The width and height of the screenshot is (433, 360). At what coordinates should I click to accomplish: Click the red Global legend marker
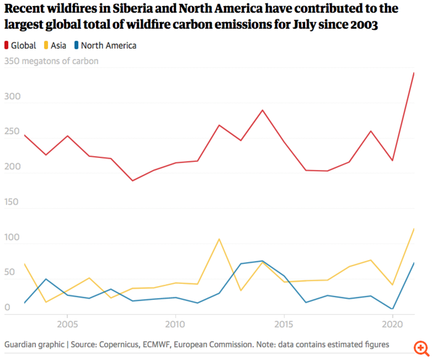(7, 46)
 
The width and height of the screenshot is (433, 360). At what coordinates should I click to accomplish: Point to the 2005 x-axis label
(66, 324)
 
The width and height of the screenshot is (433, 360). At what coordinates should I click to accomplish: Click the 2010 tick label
(175, 324)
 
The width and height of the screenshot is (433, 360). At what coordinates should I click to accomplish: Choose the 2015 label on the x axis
(284, 324)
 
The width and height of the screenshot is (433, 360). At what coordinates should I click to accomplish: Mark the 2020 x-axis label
(393, 324)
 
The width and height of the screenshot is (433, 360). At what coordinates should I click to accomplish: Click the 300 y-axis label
(13, 97)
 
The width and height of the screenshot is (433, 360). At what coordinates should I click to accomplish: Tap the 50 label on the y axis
(10, 273)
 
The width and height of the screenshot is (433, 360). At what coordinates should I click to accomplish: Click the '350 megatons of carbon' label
(51, 61)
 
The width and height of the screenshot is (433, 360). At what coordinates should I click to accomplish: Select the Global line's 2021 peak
(414, 73)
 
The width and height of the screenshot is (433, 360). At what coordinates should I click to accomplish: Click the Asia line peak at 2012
(218, 239)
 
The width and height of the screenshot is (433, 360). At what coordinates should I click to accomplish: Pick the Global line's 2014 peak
(262, 110)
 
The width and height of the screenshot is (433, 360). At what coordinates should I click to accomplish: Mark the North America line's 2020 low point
(392, 309)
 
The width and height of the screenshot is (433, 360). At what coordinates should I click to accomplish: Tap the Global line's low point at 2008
(132, 181)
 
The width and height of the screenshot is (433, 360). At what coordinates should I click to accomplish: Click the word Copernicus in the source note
(118, 345)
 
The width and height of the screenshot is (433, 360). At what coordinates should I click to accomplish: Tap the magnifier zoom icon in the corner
(420, 348)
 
